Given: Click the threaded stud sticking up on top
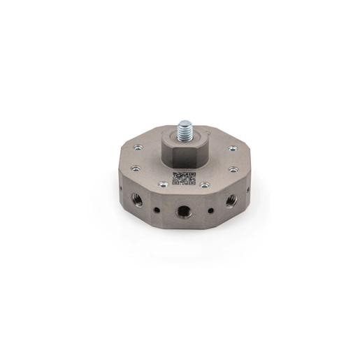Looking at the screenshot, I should coord(185,130).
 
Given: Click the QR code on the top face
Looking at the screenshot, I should coord(184,178).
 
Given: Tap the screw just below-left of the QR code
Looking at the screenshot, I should coord(163,185).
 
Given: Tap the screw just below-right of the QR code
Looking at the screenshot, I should coord(205,185).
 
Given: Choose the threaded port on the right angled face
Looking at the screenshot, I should coord(231,201).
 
